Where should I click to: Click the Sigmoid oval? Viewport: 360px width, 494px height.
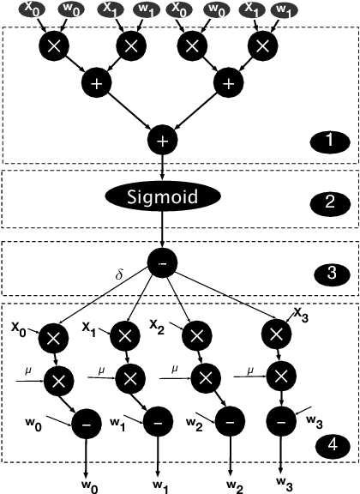(163, 196)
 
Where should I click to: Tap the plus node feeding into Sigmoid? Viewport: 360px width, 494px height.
(163, 139)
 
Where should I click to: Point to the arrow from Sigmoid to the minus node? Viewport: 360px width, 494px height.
(163, 229)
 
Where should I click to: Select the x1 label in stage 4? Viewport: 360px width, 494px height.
(88, 326)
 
